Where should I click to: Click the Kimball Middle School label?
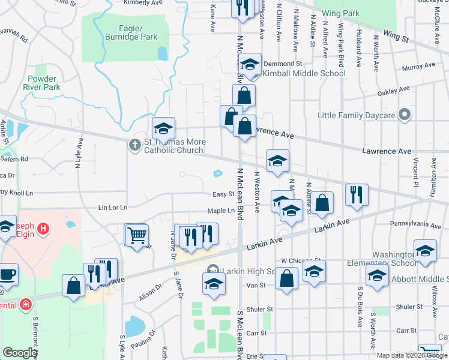(304, 73)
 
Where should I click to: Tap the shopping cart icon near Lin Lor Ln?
(136, 235)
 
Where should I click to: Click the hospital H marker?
(43, 229)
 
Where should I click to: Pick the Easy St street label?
(223, 194)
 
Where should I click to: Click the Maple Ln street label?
(221, 211)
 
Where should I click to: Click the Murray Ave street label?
(418, 67)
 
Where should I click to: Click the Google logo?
(20, 352)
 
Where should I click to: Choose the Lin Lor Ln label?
(113, 208)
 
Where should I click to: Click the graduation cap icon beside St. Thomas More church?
(163, 127)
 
